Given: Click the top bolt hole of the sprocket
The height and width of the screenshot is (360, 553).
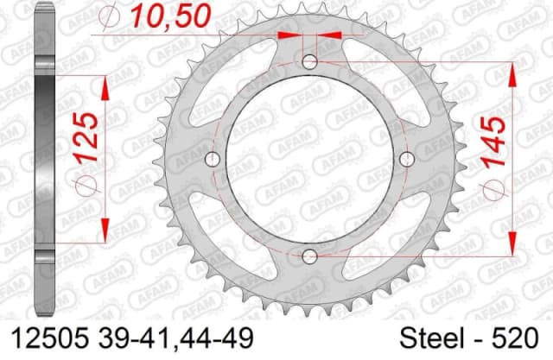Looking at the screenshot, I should [x=310, y=62].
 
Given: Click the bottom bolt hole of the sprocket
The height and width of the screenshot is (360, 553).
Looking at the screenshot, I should [x=310, y=255].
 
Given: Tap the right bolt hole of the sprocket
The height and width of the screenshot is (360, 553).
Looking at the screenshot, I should [x=406, y=158].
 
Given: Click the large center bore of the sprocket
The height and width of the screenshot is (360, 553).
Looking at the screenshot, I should [x=310, y=158].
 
